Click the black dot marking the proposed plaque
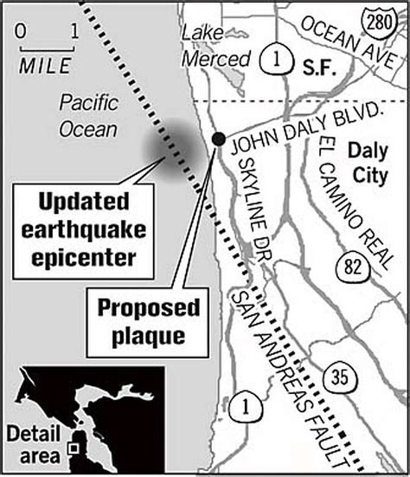pyautogui.click(x=218, y=139)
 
